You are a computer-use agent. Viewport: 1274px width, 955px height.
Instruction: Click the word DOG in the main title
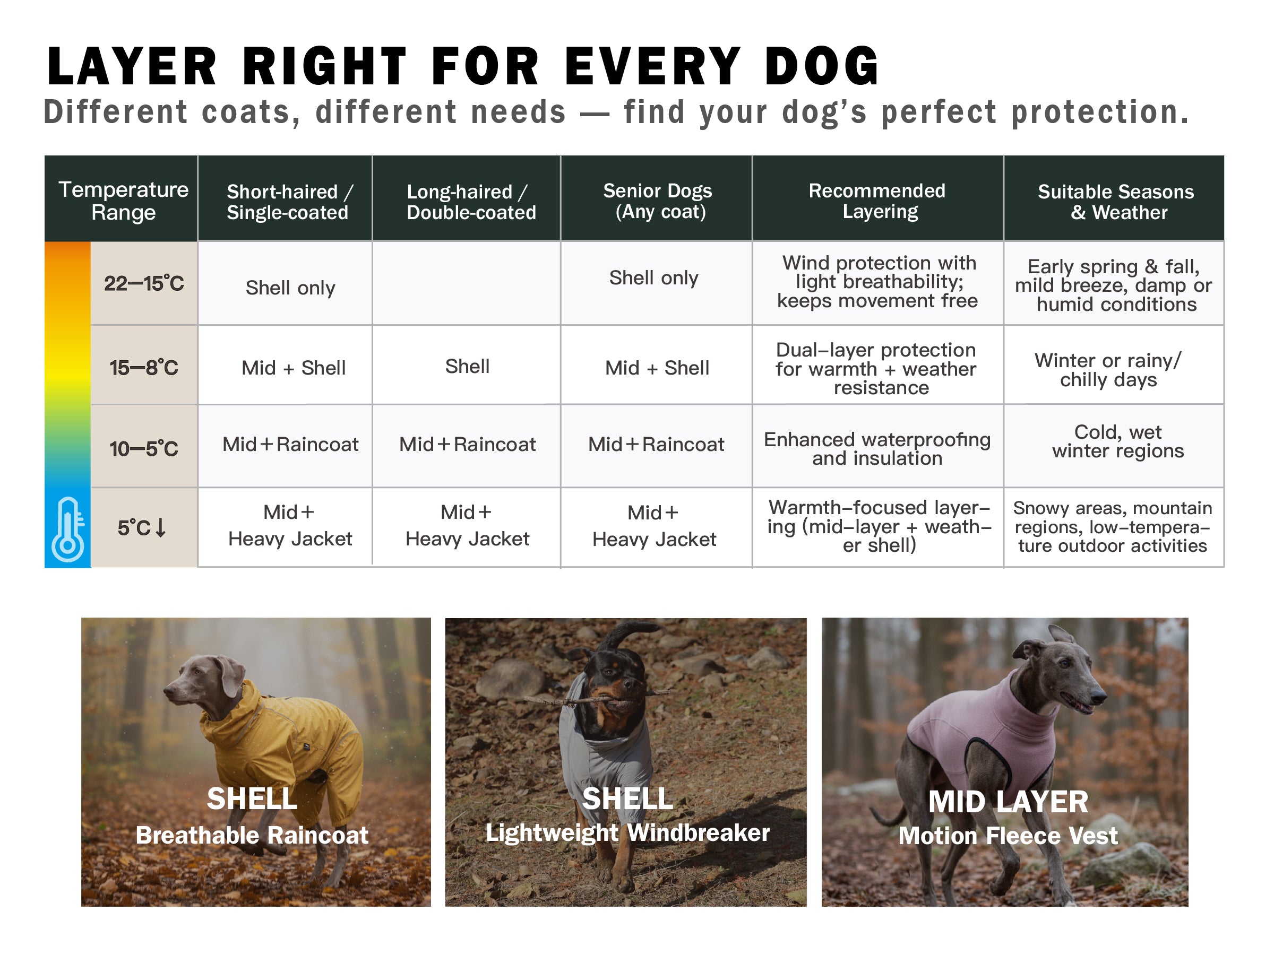(822, 66)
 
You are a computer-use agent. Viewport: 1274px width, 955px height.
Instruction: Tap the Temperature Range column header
(123, 201)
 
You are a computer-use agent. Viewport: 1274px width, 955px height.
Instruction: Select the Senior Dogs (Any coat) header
(657, 201)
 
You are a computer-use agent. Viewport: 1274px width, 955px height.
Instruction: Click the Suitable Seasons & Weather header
(1116, 202)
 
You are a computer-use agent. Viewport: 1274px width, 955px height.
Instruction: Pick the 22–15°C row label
(144, 283)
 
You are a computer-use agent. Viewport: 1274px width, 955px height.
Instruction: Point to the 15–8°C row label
(144, 367)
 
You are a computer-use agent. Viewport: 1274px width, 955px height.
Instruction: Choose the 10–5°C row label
(144, 448)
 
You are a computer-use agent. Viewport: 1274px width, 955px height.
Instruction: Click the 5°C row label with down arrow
(142, 527)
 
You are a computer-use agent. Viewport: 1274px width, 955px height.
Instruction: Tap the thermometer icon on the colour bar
(68, 529)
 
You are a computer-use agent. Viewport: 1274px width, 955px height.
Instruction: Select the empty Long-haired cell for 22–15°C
(467, 283)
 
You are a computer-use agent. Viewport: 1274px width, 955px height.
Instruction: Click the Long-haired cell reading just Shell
(467, 366)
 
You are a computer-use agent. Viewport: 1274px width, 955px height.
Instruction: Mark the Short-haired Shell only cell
(290, 287)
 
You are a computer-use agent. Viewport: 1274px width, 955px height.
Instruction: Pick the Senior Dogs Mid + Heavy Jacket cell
(655, 526)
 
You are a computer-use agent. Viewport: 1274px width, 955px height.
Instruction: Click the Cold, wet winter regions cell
(1118, 441)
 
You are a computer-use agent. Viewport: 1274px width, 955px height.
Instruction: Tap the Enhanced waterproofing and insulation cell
(877, 448)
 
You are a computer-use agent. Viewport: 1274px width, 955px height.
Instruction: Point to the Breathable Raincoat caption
(252, 835)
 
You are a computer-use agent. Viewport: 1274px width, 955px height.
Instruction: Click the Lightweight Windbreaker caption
(627, 832)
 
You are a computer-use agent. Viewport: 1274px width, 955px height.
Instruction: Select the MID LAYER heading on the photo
(1008, 802)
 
